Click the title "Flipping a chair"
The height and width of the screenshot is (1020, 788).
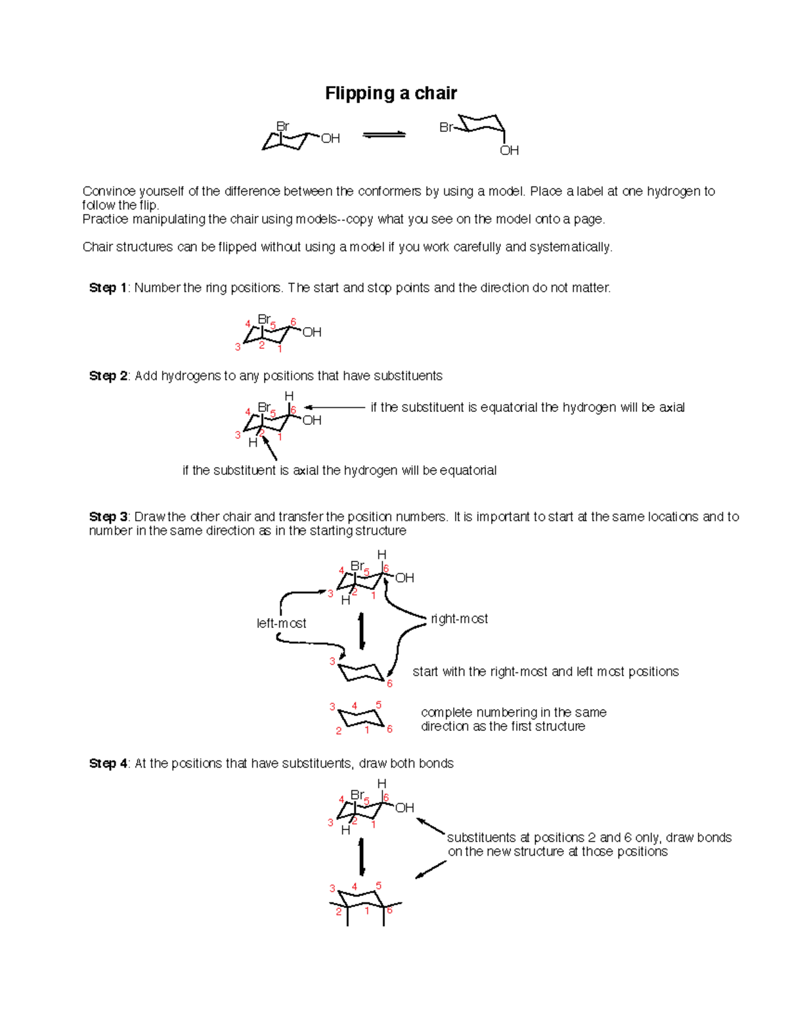tap(391, 93)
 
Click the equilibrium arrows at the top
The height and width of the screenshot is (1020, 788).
tap(384, 135)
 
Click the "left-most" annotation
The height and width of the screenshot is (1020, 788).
tap(281, 623)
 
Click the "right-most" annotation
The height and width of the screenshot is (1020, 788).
tap(459, 619)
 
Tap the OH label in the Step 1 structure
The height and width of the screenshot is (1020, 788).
tap(312, 332)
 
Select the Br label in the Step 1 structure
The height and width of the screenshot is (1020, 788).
tap(264, 319)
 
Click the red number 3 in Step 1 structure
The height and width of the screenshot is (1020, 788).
tap(238, 347)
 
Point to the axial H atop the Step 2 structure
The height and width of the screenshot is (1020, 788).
tap(289, 396)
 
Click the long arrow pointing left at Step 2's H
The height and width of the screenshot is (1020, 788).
tap(335, 407)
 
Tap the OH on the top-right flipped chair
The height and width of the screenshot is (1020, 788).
tap(509, 150)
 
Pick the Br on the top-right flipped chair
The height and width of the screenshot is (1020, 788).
tap(447, 127)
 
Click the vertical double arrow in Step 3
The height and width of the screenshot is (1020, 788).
tap(361, 631)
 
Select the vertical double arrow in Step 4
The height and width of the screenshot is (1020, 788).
tap(361, 856)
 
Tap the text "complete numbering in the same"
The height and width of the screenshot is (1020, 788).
tap(514, 712)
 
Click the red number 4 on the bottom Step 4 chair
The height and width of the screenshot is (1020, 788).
tap(355, 887)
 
